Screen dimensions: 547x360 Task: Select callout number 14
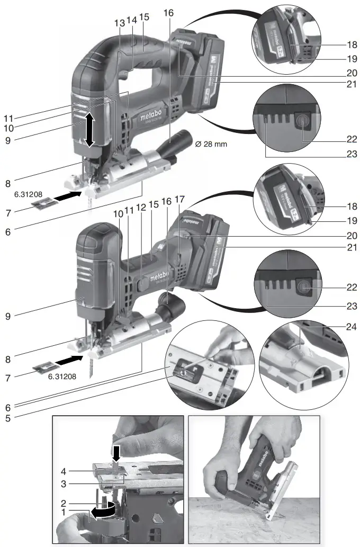[131, 20]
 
